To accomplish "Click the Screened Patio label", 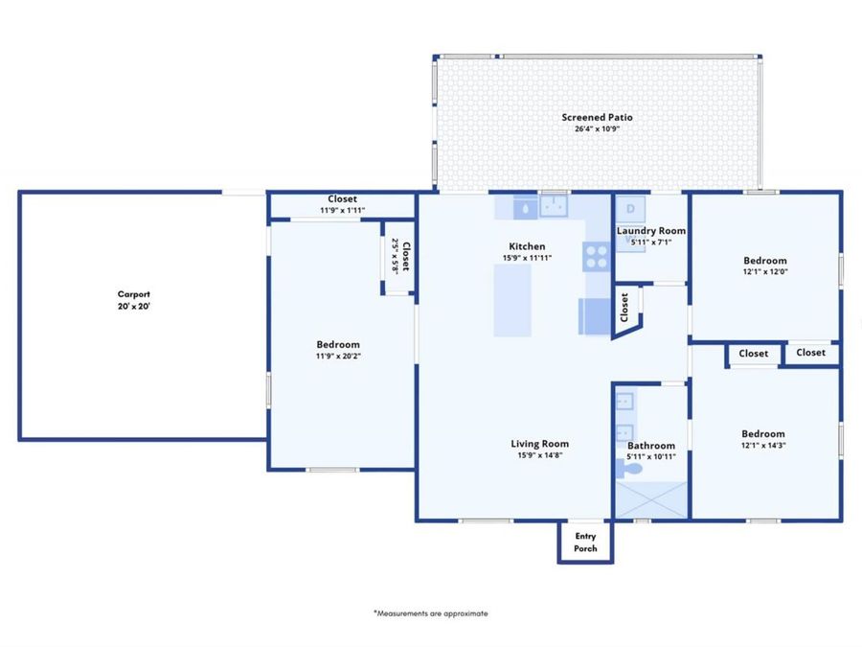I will point(597,117).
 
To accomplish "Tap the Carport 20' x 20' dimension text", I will point(134,306).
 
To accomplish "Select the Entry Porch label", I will point(585,543).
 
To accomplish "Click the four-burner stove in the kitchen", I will point(596,257).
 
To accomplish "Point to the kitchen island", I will point(512,300).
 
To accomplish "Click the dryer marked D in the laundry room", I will point(630,208).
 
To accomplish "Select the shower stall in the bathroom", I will point(650,499).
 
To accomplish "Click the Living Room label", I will point(539,443).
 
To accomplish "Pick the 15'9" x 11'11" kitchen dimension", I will point(527,258).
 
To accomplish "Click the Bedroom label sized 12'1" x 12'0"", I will point(764,261).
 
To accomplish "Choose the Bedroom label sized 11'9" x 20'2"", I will point(338,344).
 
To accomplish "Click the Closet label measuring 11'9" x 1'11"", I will point(342,199).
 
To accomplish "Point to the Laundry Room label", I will point(650,231).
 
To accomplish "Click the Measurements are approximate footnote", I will point(430,612).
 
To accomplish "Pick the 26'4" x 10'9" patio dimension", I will point(597,128).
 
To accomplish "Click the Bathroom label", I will point(650,446).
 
